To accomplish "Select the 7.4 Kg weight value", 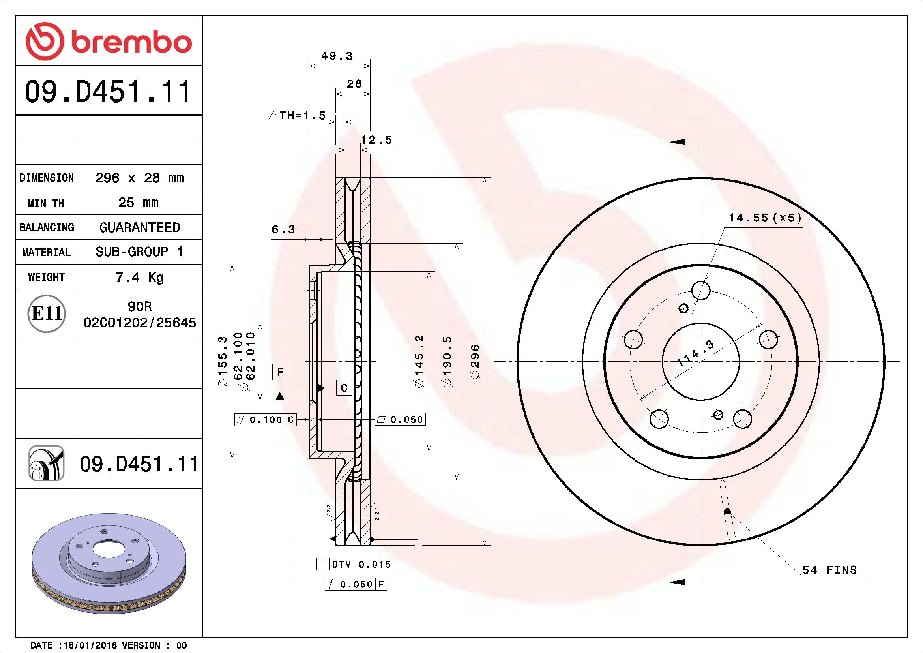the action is click(139, 277).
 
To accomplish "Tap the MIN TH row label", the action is click(46, 203).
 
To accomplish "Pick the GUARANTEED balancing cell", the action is click(139, 227).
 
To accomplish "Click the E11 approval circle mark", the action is click(47, 313).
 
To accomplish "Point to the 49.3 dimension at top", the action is click(337, 56).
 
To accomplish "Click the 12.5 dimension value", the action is click(376, 140).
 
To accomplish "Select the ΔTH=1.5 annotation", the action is click(297, 116).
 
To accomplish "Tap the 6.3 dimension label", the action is click(283, 230).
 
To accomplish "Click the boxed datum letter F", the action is click(280, 372).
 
